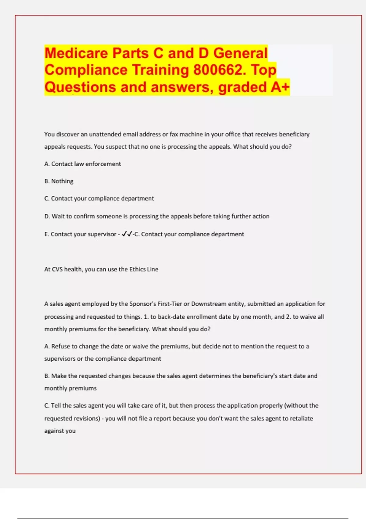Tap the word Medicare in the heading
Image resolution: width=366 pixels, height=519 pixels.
76,53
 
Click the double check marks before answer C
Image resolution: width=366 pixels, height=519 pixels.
127,234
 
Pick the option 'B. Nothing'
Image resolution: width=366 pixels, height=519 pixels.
59,181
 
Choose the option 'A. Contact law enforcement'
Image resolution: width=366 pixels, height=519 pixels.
83,164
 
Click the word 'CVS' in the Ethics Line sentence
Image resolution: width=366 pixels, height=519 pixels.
57,269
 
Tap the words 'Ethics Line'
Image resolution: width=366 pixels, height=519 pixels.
144,269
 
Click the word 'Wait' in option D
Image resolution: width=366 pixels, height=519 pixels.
58,216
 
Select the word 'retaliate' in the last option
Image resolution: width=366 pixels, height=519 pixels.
300,419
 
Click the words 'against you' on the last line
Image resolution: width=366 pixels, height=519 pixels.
60,431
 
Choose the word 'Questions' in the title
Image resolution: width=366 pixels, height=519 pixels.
80,87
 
